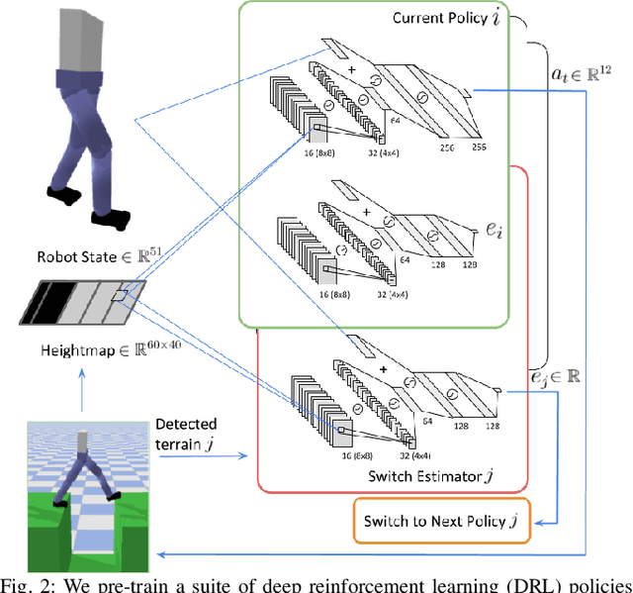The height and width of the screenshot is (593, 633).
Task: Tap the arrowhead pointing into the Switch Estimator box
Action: [254, 455]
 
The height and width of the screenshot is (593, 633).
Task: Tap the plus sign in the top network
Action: [352, 70]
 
